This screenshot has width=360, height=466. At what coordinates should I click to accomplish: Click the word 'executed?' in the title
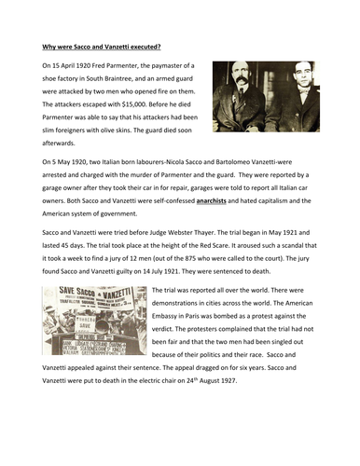coord(138,45)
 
